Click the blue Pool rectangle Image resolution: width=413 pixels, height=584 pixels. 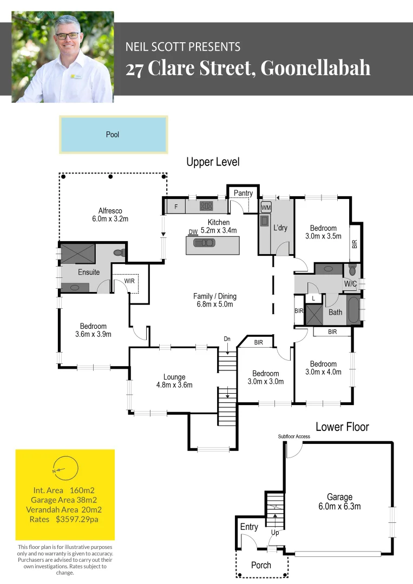click(113, 135)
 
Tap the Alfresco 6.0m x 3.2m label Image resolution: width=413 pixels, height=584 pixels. click(110, 215)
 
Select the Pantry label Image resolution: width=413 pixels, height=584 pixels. click(243, 193)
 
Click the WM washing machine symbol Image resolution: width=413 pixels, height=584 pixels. click(266, 207)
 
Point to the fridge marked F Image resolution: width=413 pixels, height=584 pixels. click(176, 206)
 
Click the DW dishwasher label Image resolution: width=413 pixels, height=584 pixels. click(193, 232)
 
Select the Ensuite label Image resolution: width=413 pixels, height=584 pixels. click(89, 272)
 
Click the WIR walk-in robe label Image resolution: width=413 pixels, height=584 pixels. click(129, 281)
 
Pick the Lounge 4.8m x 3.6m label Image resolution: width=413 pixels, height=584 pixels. click(174, 381)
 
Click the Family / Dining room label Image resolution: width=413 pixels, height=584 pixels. click(215, 300)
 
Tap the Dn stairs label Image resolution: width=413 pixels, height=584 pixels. click(227, 339)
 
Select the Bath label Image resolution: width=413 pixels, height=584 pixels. click(335, 312)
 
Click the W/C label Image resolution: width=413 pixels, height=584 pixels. click(350, 283)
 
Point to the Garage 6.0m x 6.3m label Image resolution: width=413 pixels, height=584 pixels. click(339, 501)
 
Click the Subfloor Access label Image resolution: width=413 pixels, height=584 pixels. click(294, 436)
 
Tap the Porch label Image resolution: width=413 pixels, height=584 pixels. click(261, 565)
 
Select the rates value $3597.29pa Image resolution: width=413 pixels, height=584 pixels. click(77, 519)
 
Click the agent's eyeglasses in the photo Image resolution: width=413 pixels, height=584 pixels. click(67, 36)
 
